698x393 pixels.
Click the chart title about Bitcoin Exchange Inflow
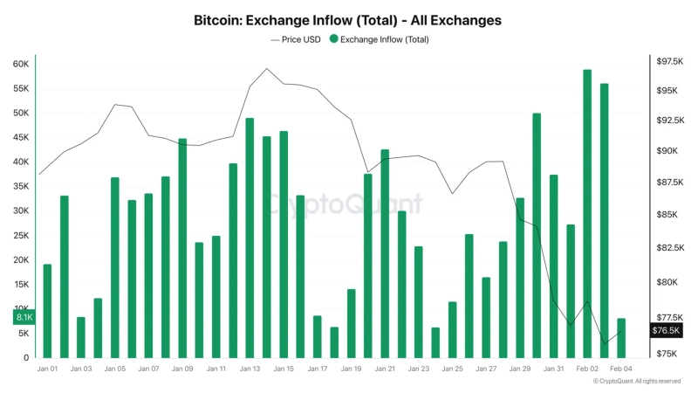[348, 19]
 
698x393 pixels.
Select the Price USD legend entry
[296, 39]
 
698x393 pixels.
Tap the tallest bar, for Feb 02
[587, 213]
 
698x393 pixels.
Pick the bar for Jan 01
[47, 311]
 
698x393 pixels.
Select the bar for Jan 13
[250, 238]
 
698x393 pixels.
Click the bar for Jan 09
[182, 248]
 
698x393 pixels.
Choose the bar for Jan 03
[81, 337]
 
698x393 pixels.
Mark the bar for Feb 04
[621, 338]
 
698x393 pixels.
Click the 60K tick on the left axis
[21, 64]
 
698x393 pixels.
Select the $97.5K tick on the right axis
[670, 60]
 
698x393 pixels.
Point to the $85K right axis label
[670, 215]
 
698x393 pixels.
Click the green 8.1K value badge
[24, 318]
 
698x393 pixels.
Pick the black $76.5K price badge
[666, 331]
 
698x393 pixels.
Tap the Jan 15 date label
[284, 369]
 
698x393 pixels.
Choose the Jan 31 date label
[553, 369]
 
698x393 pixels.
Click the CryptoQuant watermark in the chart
[344, 203]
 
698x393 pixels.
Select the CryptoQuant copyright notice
[636, 382]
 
